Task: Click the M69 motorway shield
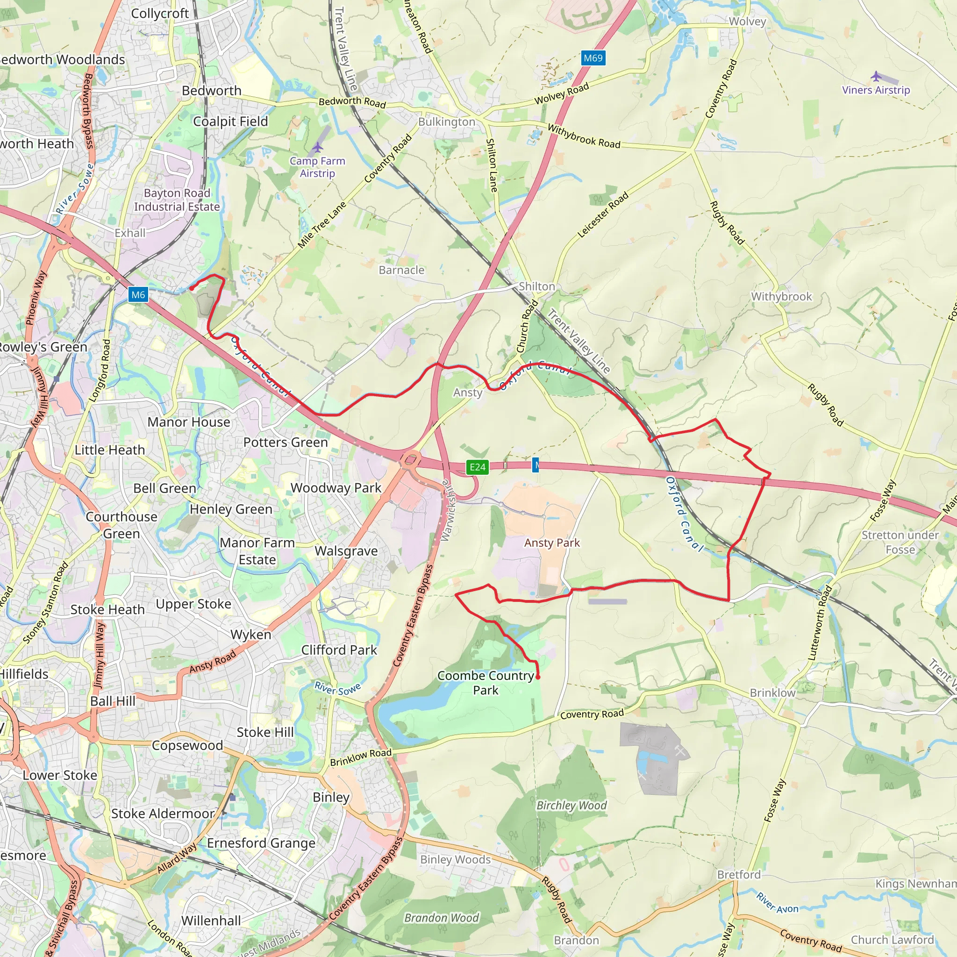[593, 58]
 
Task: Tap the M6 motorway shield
[138, 295]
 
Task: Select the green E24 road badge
[478, 467]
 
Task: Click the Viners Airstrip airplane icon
[876, 76]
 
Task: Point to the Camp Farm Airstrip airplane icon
[317, 147]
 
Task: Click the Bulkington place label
[446, 122]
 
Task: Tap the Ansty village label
[468, 393]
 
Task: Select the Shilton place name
[537, 286]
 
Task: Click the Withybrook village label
[782, 296]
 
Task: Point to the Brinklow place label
[772, 693]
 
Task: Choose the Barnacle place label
[401, 270]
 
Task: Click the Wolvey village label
[748, 21]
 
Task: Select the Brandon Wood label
[441, 918]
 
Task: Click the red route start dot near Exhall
[192, 288]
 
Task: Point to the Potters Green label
[286, 442]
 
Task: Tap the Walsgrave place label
[346, 551]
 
